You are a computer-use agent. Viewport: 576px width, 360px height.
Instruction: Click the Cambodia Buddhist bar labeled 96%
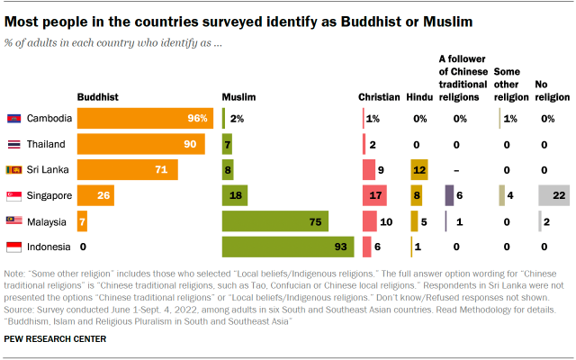[x=144, y=118]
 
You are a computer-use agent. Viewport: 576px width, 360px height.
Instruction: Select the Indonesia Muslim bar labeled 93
[x=287, y=246]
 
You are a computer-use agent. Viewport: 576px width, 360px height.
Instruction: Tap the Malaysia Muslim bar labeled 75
[x=274, y=220]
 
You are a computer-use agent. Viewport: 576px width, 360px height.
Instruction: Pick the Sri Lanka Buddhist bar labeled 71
[x=127, y=169]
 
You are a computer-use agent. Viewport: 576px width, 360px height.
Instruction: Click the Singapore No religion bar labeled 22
[x=553, y=194]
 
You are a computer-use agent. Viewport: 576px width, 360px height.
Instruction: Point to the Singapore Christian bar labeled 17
[x=373, y=194]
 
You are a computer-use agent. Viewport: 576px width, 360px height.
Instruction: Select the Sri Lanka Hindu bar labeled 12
[x=418, y=169]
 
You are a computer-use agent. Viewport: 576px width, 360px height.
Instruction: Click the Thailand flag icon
[x=13, y=144]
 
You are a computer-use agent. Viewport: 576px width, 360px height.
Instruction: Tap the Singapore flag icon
[x=13, y=195]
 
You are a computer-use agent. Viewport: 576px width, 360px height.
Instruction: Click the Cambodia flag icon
[x=13, y=119]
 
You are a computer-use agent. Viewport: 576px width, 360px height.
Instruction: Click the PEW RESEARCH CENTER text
[x=56, y=338]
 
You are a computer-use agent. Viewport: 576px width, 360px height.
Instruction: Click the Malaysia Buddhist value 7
[x=82, y=220]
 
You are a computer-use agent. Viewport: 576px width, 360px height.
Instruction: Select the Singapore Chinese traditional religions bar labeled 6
[x=448, y=194]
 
